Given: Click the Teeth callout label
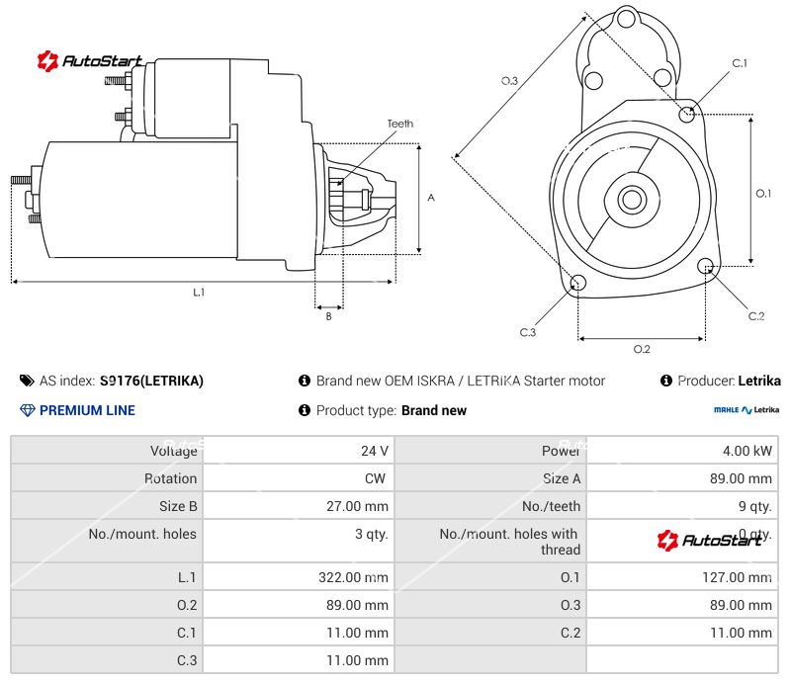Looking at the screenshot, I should point(399,124).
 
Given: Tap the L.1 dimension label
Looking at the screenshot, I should point(199,292).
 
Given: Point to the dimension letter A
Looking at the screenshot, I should point(431,198).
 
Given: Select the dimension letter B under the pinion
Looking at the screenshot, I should point(328,316).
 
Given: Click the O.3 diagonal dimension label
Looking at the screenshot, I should point(509,81).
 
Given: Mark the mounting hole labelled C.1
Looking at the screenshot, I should point(688,114).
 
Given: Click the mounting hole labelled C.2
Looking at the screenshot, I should point(706,267).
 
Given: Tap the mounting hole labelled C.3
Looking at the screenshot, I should point(578,285).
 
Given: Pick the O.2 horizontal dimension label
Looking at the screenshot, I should point(641,349).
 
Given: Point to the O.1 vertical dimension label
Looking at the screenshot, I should point(763,193).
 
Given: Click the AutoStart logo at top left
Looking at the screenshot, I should point(90,61).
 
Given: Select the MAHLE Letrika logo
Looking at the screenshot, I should point(747,409).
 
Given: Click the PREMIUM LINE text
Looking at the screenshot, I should point(87,410).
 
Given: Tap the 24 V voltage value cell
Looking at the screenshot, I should point(375,451).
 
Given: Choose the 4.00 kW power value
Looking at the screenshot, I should point(748,451).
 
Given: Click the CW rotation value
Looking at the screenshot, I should point(378,478).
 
